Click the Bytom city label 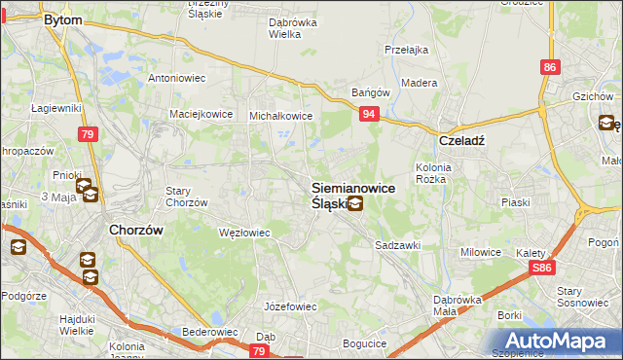63,18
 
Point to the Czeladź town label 461,139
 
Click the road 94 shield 369,115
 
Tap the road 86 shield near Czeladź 551,67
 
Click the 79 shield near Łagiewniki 89,134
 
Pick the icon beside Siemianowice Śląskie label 356,204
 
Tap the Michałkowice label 280,115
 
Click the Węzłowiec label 244,233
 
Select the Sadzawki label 398,245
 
